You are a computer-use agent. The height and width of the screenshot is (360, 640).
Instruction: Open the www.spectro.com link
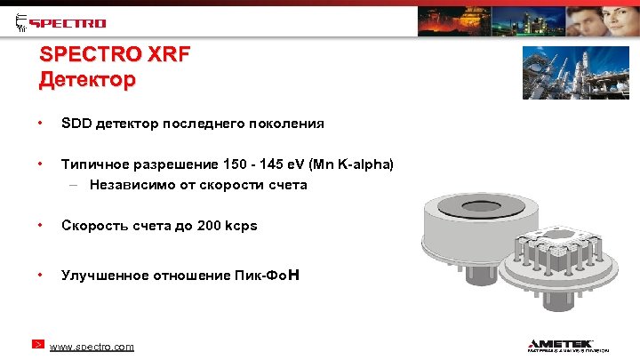92,347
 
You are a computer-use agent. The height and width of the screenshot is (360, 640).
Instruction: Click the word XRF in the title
166,55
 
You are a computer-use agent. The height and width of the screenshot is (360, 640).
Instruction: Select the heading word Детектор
87,80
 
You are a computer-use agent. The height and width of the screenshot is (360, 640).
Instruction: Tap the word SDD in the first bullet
76,124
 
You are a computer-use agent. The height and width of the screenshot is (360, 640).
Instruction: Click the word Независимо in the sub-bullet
124,185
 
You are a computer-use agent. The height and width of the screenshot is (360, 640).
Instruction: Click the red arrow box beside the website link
38,343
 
